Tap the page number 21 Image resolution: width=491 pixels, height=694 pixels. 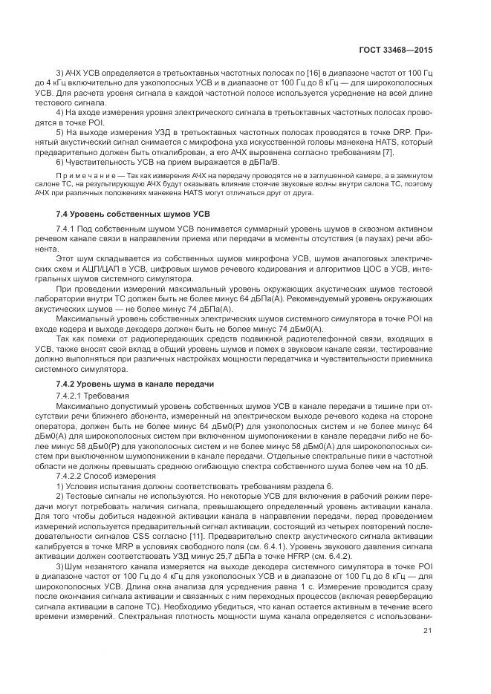pyautogui.click(x=427, y=652)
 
